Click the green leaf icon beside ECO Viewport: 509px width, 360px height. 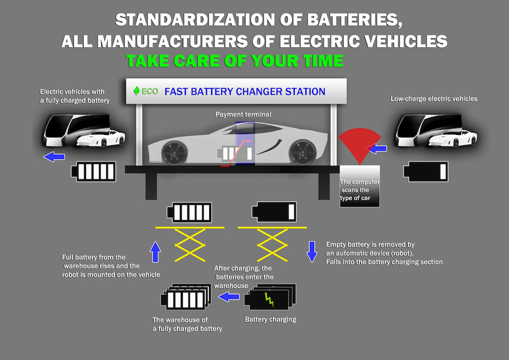pos(136,92)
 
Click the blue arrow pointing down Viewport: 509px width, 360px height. pos(312,251)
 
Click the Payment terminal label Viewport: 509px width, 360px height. pos(243,115)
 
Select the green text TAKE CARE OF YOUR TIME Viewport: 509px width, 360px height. pos(235,61)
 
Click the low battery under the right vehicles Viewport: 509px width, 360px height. pos(426,172)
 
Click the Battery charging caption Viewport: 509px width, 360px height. pos(270,320)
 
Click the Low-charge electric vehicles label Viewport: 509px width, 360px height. pos(434,99)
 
